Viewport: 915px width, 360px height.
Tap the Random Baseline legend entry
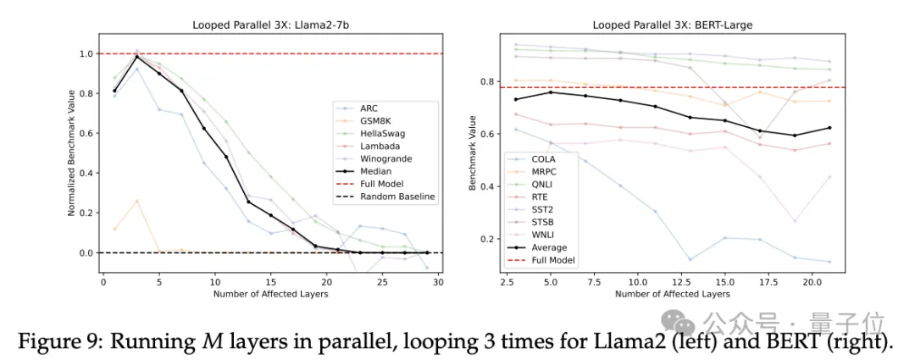tap(396, 197)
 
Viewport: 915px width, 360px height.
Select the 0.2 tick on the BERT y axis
tap(487, 239)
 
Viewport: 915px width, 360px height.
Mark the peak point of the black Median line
tap(137, 57)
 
